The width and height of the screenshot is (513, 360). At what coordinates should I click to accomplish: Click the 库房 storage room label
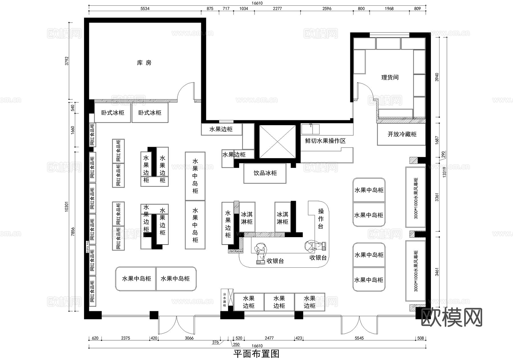pos(144,63)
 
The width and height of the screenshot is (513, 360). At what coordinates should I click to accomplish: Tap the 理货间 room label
pos(390,78)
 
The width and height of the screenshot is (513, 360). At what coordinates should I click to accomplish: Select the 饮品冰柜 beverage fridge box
pos(265,173)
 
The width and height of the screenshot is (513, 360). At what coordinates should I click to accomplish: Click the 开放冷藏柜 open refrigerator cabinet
pos(402,134)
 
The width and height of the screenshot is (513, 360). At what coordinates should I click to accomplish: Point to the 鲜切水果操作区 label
pos(325,141)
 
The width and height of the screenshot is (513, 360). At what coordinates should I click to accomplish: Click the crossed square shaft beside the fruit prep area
pos(277,141)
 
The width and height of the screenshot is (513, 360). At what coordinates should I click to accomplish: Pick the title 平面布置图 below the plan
pos(256,354)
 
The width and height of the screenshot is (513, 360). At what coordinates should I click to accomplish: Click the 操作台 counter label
pos(321,219)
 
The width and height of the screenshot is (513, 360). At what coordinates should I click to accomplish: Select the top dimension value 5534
pos(145,9)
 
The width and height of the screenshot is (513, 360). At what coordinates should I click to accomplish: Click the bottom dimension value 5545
pos(359,338)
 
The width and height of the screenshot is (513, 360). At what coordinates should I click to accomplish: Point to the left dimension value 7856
pos(73,231)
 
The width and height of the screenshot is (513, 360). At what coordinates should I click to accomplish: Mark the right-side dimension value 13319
pos(445,172)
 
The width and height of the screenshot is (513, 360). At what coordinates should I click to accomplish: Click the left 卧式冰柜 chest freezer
pos(113,113)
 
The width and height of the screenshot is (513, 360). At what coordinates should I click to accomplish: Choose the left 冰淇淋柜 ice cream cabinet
pos(247,218)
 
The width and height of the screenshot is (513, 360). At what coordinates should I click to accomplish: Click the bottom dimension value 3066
pos(189,338)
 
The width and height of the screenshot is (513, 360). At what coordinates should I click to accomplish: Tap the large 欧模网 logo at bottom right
pos(451,317)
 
